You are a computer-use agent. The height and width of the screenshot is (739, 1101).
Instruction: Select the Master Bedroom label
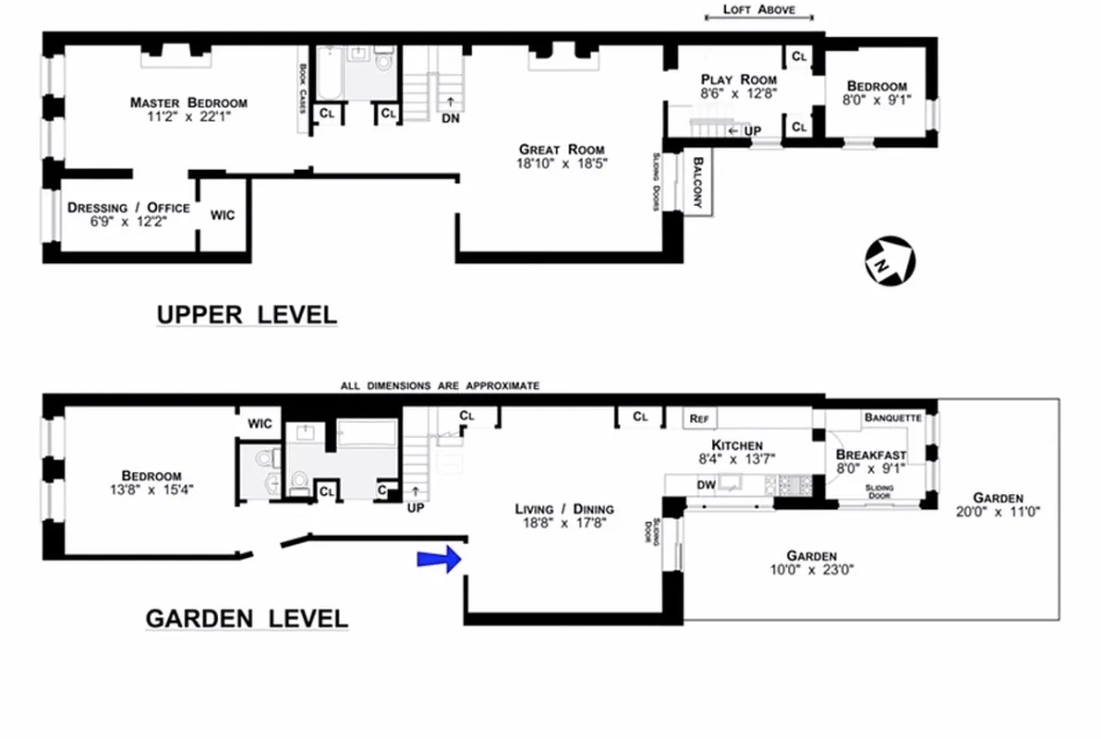coord(188,109)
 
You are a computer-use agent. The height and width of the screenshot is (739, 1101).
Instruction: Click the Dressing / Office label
coord(128,213)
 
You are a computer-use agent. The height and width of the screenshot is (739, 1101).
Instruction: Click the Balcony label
coord(699,184)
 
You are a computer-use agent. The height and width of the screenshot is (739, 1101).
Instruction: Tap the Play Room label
coord(738,86)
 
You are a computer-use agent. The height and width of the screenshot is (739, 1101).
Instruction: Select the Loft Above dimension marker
coord(758,11)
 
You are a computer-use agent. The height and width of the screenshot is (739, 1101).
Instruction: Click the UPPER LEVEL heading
coord(247,315)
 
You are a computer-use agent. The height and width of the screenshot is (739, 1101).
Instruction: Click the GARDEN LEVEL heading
coord(247,618)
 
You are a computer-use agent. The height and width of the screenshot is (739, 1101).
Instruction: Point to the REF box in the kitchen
coord(698,418)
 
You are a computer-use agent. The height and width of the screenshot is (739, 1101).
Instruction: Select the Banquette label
coord(892,418)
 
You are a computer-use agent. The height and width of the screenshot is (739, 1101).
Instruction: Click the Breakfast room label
coord(870,461)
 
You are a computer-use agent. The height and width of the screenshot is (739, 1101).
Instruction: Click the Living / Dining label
coord(563,515)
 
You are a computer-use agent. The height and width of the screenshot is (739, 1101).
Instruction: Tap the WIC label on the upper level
coord(223,215)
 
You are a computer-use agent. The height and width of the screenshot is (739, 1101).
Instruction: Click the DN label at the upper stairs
coord(450,117)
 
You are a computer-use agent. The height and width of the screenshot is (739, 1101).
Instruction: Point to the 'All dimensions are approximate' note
coord(440,385)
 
